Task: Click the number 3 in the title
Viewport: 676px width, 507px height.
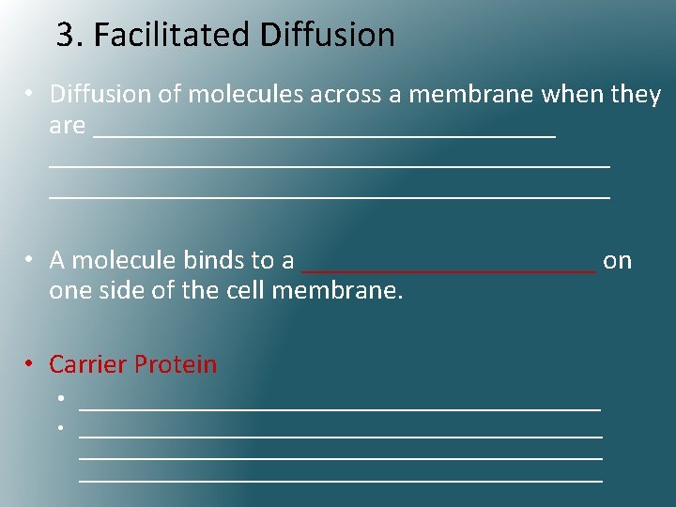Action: (x=65, y=36)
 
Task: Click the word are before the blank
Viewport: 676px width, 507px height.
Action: (x=68, y=125)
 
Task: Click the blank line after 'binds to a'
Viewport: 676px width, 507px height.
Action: (x=449, y=267)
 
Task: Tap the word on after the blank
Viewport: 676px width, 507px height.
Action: (x=618, y=260)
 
